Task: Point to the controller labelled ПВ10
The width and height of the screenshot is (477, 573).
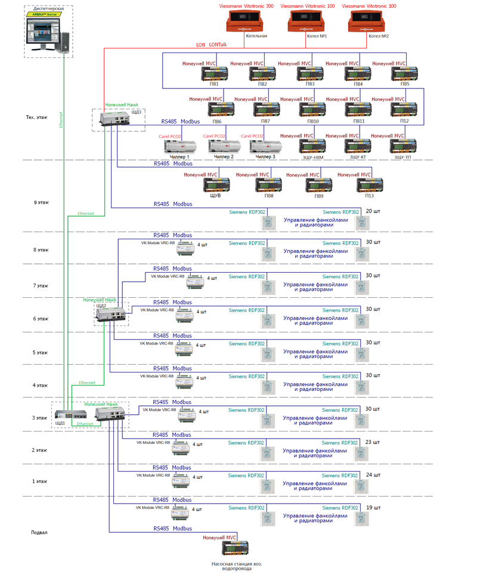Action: click(312, 110)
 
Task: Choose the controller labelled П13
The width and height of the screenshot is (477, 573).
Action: click(370, 185)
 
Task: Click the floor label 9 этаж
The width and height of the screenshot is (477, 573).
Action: click(41, 202)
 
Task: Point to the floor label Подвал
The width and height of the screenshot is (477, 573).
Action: click(39, 532)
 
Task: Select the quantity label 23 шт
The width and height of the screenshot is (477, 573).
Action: click(372, 442)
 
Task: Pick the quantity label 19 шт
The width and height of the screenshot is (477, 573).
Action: click(372, 508)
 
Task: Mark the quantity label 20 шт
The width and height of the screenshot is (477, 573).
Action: click(373, 211)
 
